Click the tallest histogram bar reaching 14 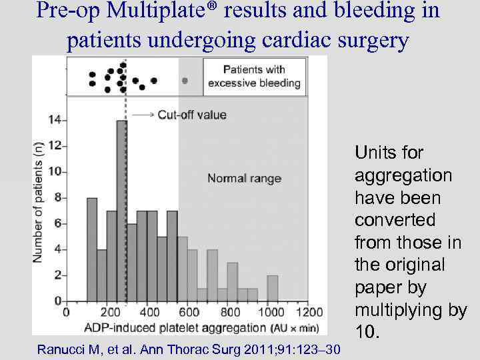(x=121, y=210)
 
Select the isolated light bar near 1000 (x=273, y=287)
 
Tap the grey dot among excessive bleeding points (x=185, y=80)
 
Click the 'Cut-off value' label (x=192, y=115)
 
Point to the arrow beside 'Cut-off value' (x=143, y=115)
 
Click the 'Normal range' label (x=244, y=178)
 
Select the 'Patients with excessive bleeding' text (x=254, y=76)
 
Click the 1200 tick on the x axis (x=309, y=312)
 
